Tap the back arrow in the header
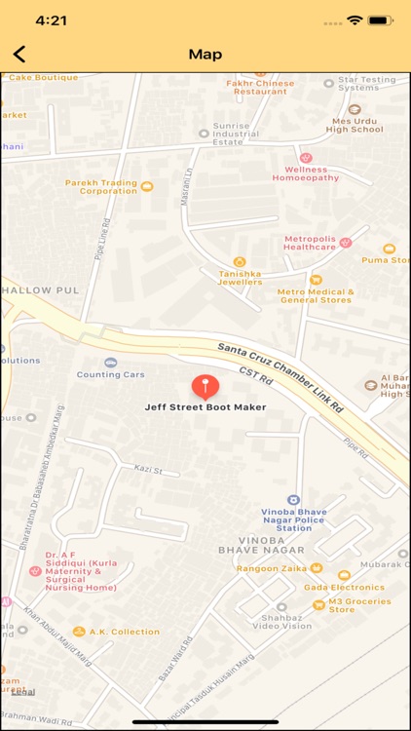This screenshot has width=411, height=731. coord(19,55)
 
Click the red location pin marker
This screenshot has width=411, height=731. coord(205,386)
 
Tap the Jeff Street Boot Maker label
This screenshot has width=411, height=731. coord(205,407)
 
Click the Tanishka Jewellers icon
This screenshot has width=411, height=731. coord(239,261)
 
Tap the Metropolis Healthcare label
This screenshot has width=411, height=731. coord(310,243)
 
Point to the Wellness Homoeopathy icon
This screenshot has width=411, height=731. coord(306,158)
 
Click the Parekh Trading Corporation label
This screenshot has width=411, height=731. coord(101,186)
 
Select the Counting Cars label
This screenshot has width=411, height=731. coord(111,374)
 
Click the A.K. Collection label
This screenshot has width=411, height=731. coord(124,632)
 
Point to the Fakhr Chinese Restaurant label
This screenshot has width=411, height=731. coord(260,88)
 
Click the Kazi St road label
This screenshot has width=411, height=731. coord(148,471)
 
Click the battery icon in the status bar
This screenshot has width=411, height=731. coord(382,19)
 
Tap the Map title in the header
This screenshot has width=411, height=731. coord(205,55)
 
